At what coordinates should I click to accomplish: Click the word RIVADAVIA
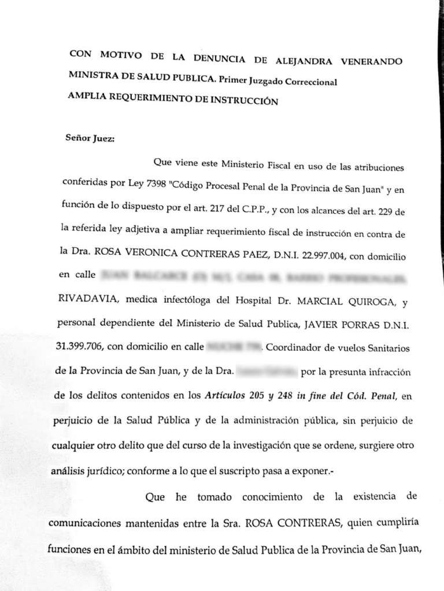[x=88, y=300]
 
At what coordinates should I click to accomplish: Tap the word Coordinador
[x=295, y=348]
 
